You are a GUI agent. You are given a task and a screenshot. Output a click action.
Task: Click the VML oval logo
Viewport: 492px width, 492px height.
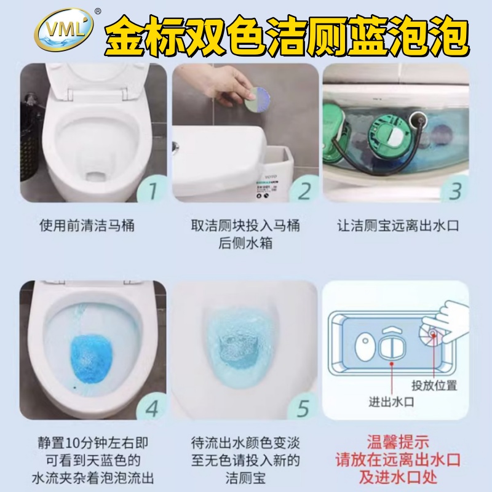click(64, 30)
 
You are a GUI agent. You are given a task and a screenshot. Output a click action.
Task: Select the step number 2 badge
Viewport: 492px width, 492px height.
click(304, 190)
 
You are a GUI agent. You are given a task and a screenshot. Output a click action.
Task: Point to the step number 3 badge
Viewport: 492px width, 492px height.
click(454, 190)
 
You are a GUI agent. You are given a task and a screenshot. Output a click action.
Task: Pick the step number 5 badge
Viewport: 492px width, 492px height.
click(303, 408)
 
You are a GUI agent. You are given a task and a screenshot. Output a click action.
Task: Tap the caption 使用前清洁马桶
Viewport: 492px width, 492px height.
click(87, 225)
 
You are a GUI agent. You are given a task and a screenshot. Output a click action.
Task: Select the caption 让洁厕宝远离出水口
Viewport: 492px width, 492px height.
click(398, 226)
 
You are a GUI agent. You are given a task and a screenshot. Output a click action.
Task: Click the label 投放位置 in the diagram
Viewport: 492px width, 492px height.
click(434, 386)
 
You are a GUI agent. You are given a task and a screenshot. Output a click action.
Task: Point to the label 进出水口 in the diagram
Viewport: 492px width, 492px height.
click(391, 402)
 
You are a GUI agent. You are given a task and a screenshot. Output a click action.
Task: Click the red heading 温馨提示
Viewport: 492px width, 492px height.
click(398, 442)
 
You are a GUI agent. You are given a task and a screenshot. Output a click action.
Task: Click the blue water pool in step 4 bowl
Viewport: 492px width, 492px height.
click(90, 360)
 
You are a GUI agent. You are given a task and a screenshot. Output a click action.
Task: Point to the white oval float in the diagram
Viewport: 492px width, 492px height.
click(365, 346)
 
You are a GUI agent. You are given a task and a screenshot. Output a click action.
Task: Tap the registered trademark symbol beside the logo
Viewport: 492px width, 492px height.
click(98, 12)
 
